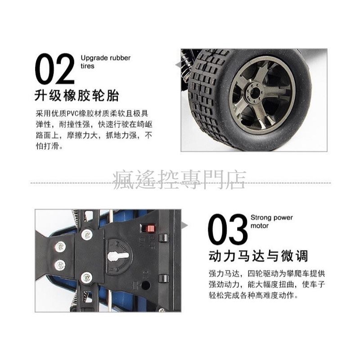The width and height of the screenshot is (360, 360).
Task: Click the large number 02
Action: [55, 69]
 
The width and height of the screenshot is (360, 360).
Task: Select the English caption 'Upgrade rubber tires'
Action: [105, 62]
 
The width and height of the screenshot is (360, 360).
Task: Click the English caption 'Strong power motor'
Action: [272, 221]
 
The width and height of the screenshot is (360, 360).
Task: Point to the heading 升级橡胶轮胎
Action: [77, 96]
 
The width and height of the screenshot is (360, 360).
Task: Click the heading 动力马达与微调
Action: [258, 256]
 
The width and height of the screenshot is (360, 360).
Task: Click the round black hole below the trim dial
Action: [145, 285]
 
